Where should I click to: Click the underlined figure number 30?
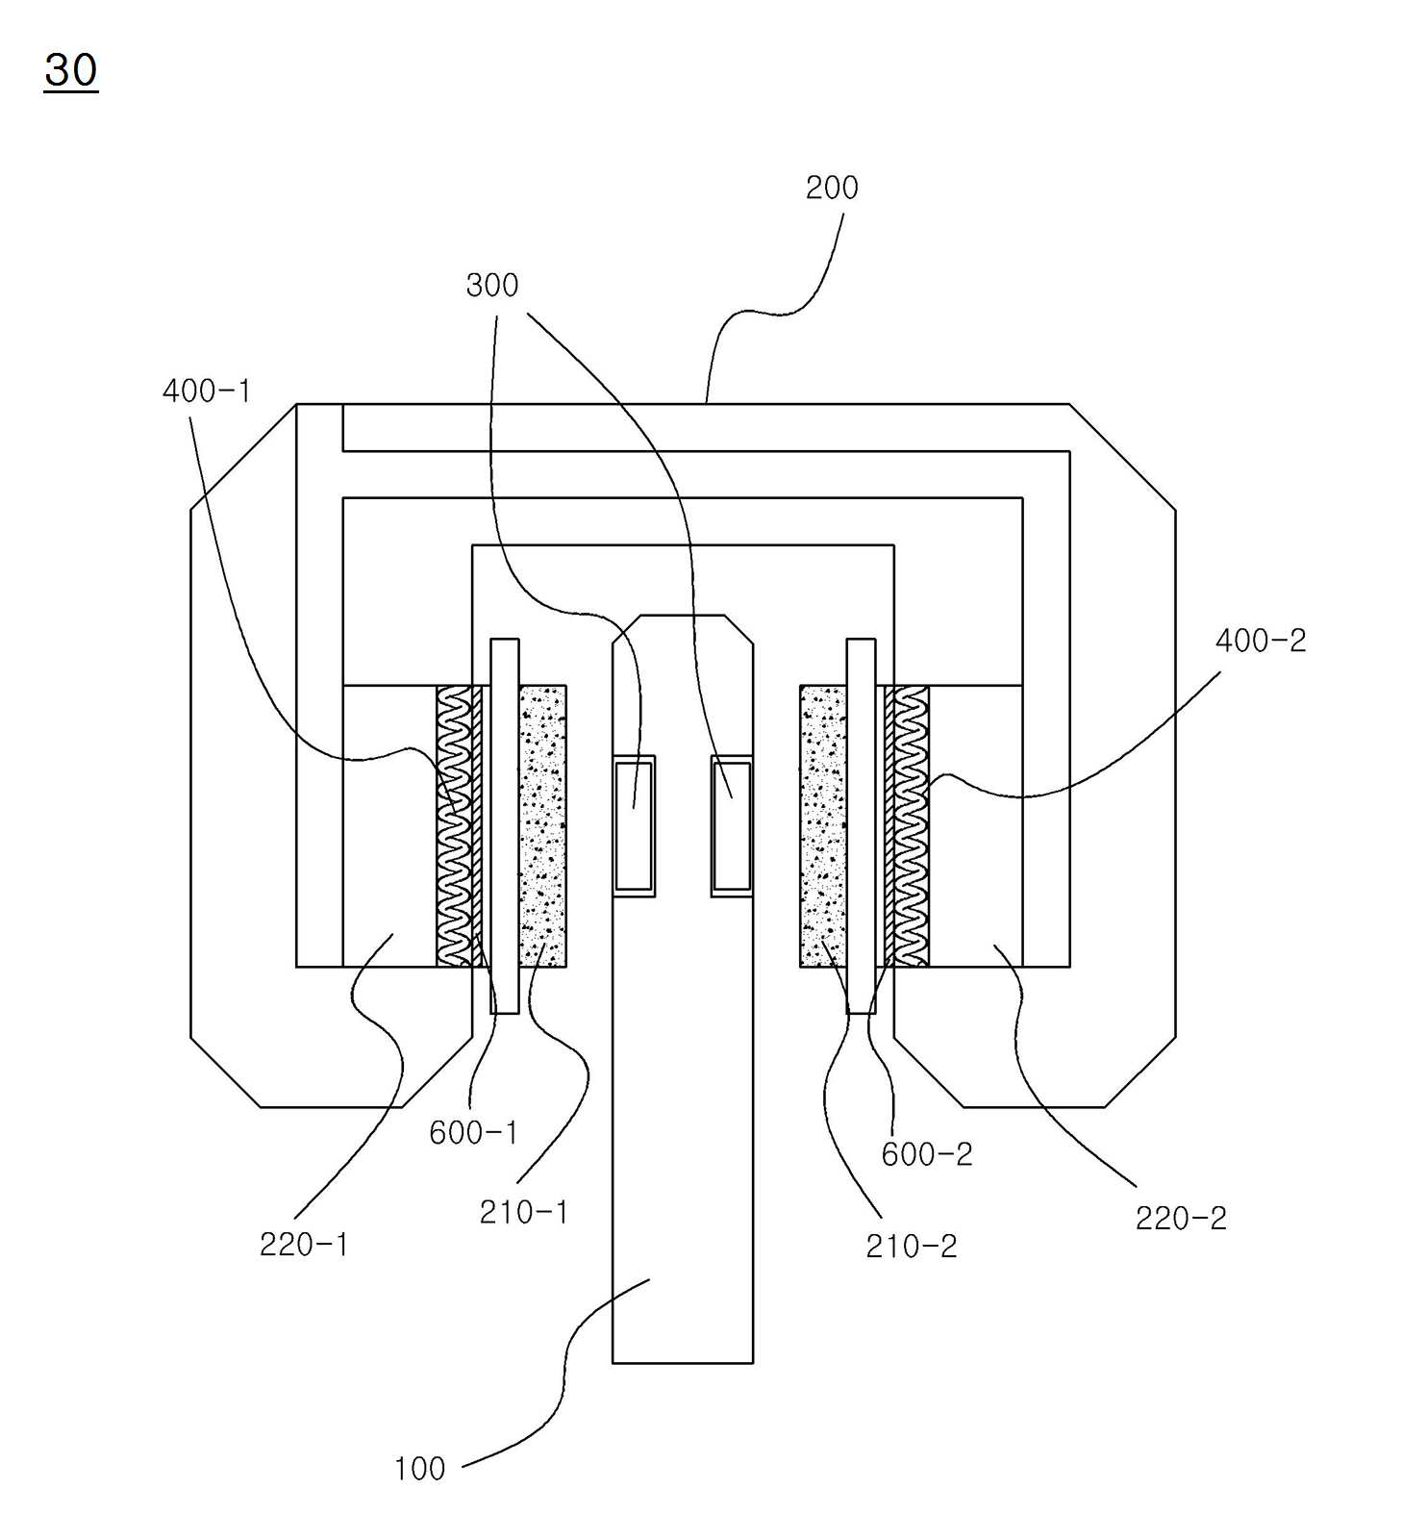71,70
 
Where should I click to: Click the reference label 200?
832,188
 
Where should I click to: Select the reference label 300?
492,285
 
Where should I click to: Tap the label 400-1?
207,391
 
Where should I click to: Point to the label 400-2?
1261,641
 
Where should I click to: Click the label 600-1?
473,1133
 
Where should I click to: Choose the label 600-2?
927,1154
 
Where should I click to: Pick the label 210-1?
524,1212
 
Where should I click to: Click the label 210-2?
912,1247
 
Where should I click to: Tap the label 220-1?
304,1245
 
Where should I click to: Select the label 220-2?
1181,1219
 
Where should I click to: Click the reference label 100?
419,1469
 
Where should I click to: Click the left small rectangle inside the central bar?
635,826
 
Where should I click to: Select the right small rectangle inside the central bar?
732,826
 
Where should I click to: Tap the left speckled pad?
542,826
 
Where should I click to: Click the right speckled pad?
823,826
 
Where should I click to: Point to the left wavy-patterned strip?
455,826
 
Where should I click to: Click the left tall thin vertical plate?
505,825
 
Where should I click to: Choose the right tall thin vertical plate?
861,825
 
